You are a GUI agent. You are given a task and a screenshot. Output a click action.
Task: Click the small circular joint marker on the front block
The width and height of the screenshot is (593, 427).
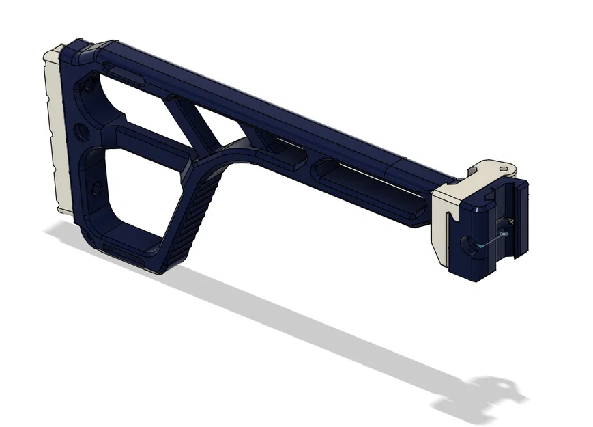pos(503,233)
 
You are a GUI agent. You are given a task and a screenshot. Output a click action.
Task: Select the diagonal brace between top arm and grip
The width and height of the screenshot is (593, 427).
pos(194,123)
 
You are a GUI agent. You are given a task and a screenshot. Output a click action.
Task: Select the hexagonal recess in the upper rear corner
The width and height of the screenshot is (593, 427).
pos(88,87)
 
